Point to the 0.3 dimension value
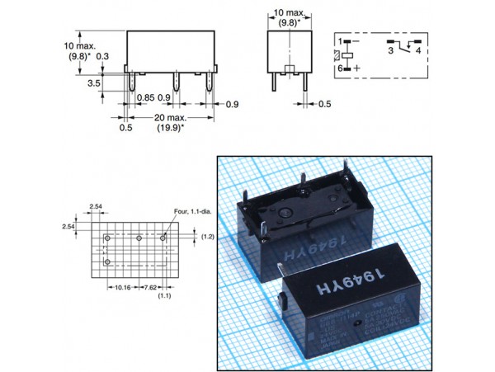[104, 56]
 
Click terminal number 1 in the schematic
[338, 40]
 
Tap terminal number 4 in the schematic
[419, 51]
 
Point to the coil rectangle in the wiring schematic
[350, 54]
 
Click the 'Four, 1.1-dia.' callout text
[192, 212]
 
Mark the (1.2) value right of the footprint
[207, 237]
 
